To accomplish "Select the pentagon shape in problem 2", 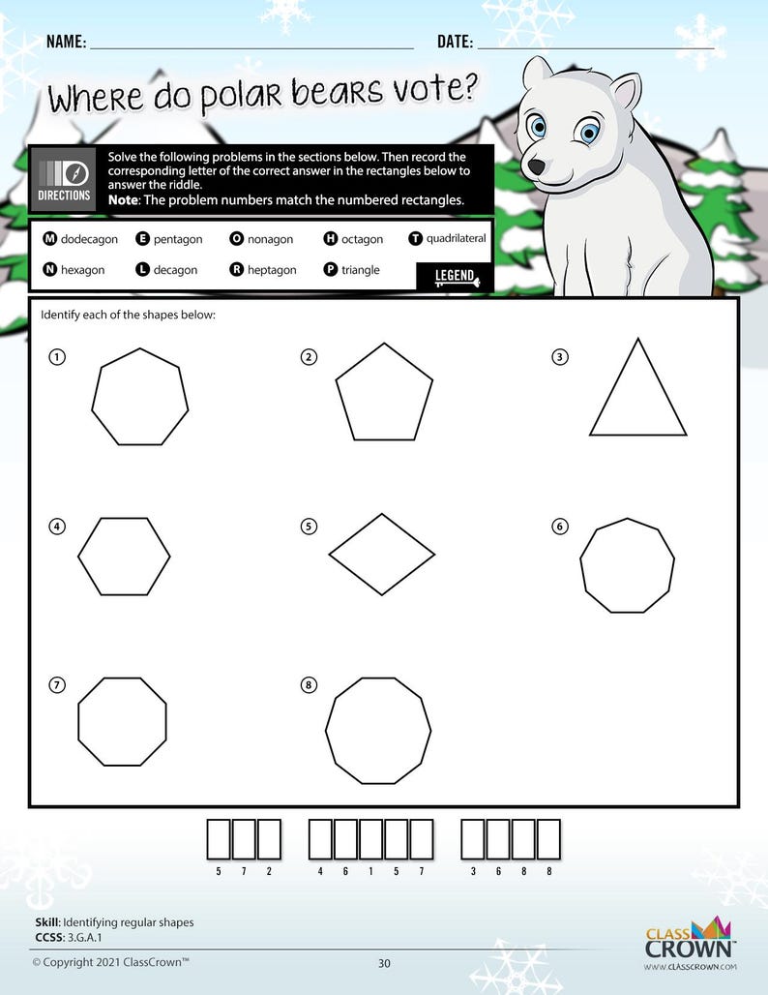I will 383,394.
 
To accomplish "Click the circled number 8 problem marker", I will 309,685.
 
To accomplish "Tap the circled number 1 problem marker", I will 58,357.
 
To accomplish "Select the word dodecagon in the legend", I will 88,239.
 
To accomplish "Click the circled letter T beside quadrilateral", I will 416,238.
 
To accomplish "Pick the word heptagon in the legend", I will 272,270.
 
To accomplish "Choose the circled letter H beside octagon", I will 331,239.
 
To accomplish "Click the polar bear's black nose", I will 536,166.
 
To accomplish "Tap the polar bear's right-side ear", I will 625,92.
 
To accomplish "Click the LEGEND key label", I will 454,277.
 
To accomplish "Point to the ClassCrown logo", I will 691,944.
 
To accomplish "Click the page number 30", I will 384,963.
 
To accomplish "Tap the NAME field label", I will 66,42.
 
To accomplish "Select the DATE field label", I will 455,42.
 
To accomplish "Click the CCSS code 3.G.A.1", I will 84,937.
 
